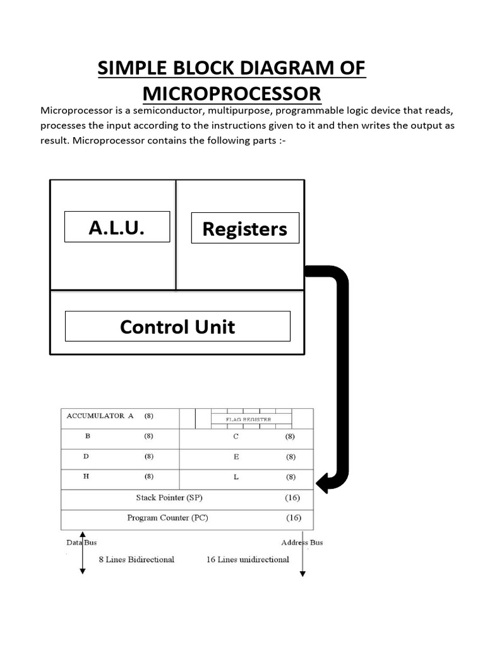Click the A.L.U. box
coord(117,227)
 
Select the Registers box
coord(245,229)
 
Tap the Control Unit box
coord(177,326)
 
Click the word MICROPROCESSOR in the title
coord(232,94)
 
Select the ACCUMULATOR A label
coord(100,416)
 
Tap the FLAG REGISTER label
coord(249,419)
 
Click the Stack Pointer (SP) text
coord(169,498)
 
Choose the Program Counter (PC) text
coord(167,518)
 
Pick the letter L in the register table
coord(236,477)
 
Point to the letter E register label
coord(236,456)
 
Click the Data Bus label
coord(81,542)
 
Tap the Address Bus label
coord(302,542)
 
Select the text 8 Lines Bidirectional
coord(136,559)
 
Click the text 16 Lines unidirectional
coord(248,559)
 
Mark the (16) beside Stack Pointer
coord(292,498)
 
